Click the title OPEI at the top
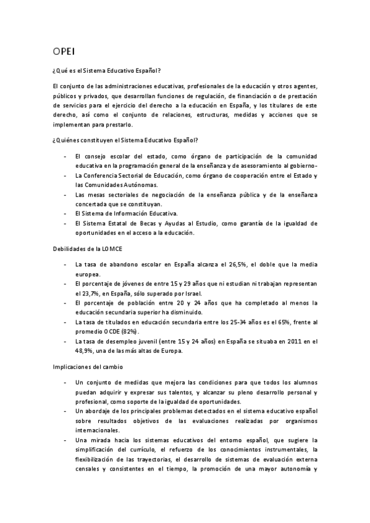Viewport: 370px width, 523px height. pyautogui.click(x=64, y=51)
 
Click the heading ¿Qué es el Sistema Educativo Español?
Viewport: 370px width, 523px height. pyautogui.click(x=107, y=72)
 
